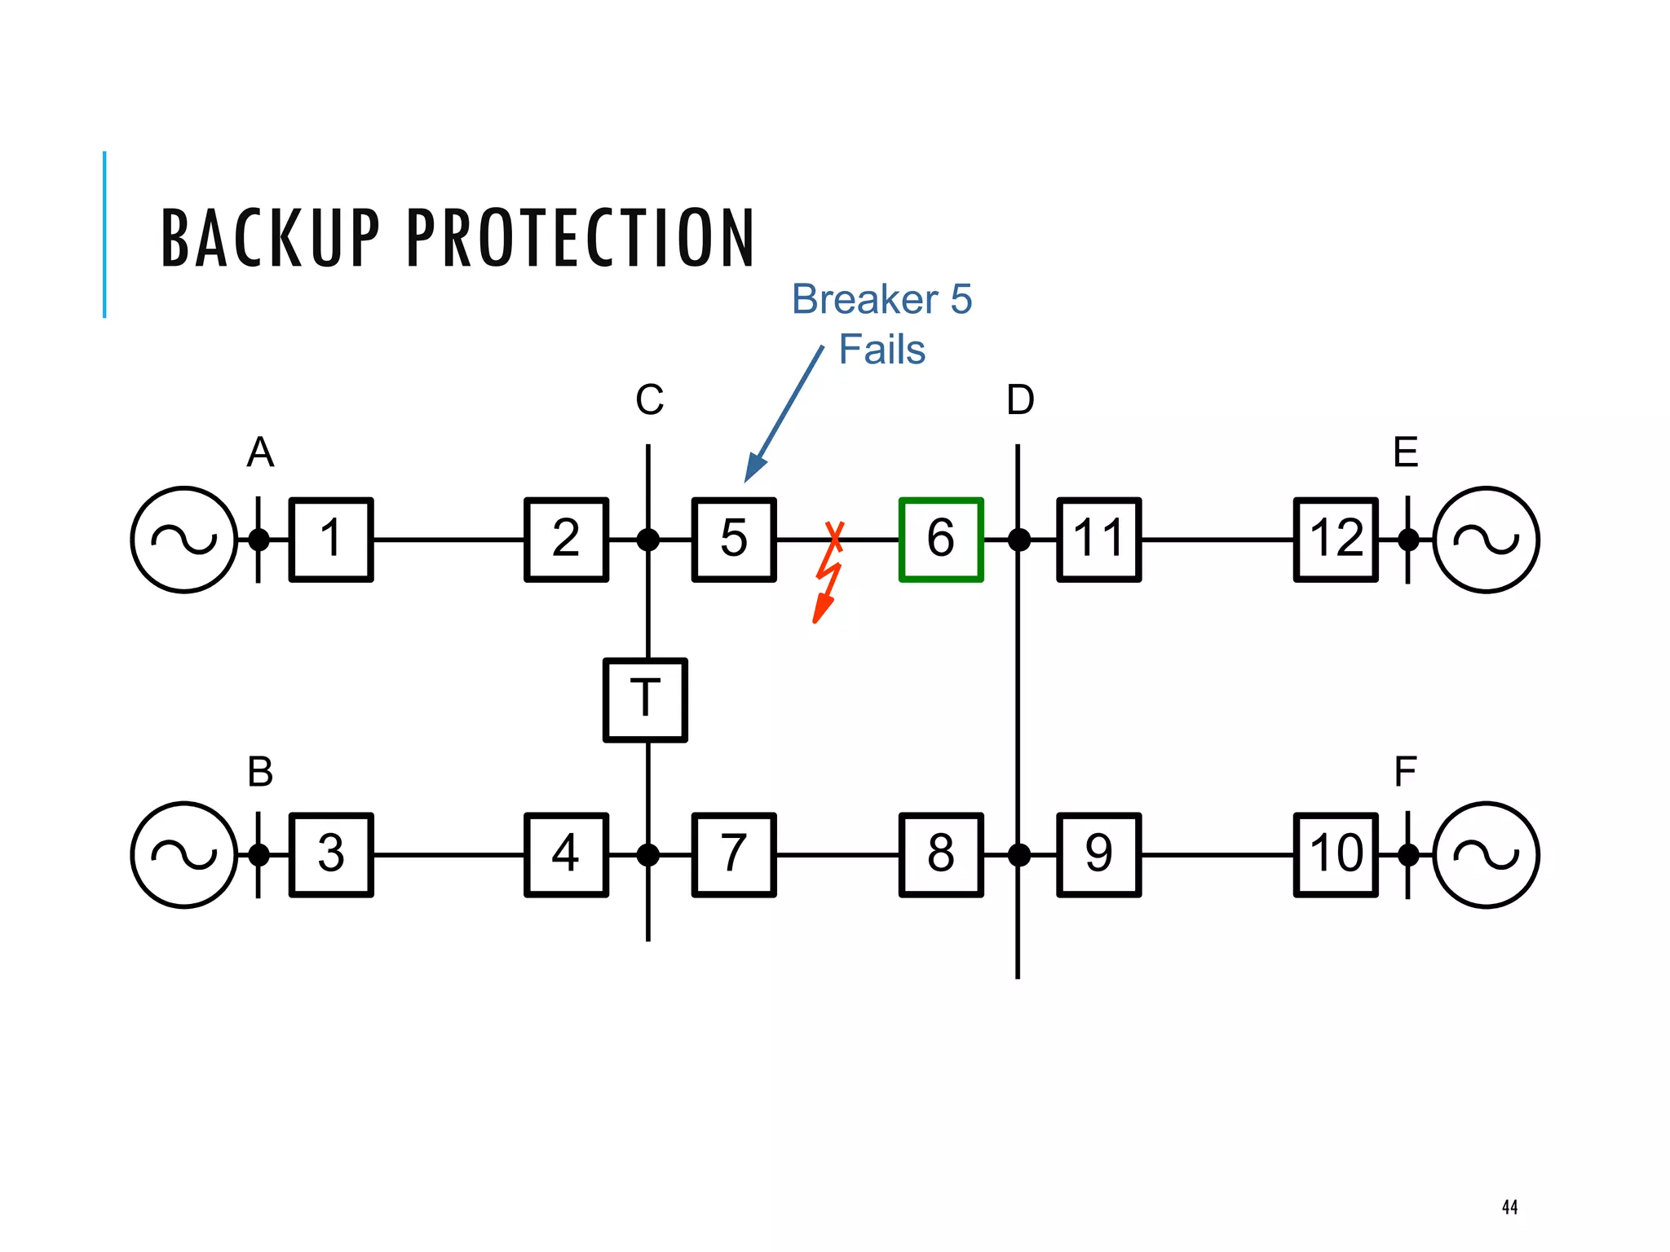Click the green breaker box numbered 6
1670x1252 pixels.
tap(940, 539)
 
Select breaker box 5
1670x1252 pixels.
tap(733, 539)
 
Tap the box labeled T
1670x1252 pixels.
tap(645, 699)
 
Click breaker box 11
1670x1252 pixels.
tap(1098, 539)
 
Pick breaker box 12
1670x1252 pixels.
tap(1335, 539)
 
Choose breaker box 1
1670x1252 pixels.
tap(331, 539)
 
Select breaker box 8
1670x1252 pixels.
tap(940, 854)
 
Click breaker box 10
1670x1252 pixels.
tap(1335, 854)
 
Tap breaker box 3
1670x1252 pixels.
tap(331, 854)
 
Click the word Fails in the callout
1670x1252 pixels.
tap(881, 350)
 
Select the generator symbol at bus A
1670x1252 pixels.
tap(184, 539)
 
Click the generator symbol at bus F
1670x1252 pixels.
tap(1486, 854)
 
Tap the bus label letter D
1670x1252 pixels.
tap(1019, 400)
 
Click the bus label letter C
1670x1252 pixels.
tap(649, 400)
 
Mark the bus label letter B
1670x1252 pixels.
tap(260, 771)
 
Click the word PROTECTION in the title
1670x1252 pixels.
tap(580, 238)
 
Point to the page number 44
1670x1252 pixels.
tap(1509, 1207)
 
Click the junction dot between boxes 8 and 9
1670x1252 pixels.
tap(1018, 854)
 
